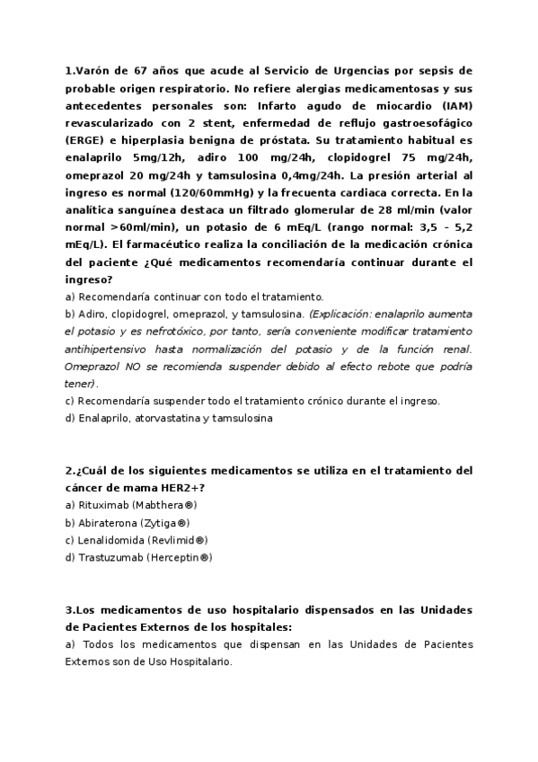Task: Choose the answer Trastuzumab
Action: (109, 558)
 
